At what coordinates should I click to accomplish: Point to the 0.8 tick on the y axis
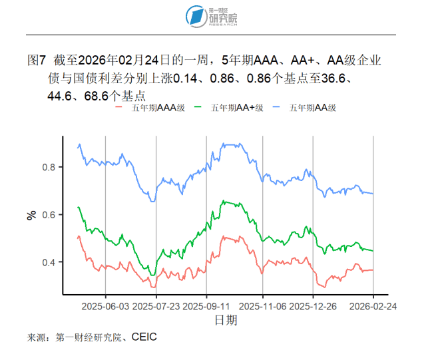click(48, 167)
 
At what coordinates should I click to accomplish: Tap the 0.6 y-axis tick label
click(48, 215)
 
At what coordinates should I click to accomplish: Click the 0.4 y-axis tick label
click(48, 262)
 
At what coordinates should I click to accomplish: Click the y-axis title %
click(31, 215)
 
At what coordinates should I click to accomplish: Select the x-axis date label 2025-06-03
click(105, 307)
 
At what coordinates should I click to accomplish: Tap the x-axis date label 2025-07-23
click(156, 307)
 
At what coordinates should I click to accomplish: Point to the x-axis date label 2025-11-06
click(262, 307)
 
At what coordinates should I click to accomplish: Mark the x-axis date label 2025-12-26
click(313, 307)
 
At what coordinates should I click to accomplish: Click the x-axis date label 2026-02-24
click(373, 307)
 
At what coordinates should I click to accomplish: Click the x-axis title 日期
click(224, 321)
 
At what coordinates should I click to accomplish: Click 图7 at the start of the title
click(36, 61)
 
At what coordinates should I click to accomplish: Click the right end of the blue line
click(372, 194)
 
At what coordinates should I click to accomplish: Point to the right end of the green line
click(372, 251)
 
